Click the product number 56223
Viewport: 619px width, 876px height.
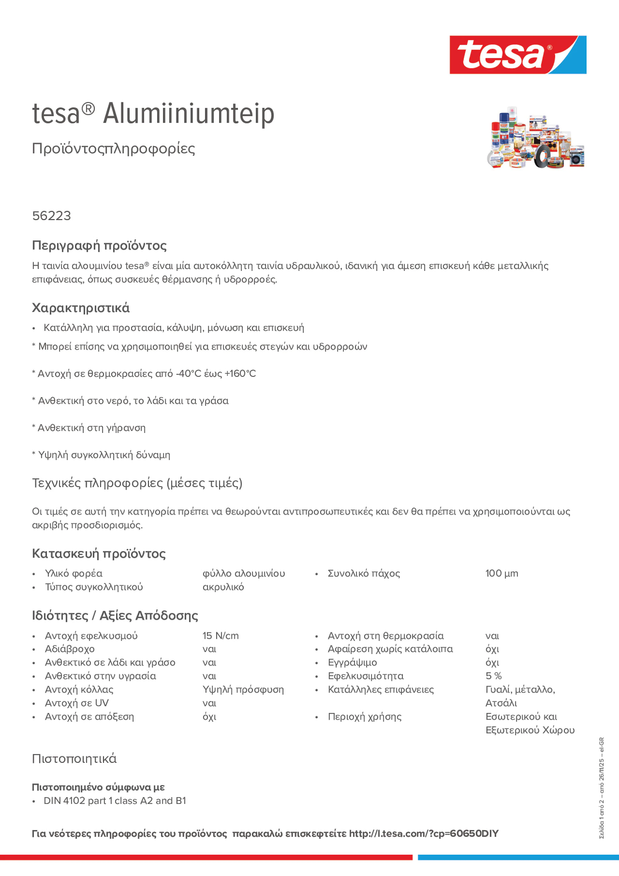coord(52,216)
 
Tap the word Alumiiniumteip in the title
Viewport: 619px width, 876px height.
coord(189,113)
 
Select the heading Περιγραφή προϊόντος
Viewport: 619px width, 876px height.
coord(99,245)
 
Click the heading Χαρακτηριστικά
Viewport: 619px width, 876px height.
coord(80,308)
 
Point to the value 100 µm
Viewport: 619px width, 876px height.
coord(502,573)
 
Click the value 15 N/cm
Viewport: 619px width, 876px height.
coord(220,636)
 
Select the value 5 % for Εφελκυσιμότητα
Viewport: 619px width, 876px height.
coord(493,676)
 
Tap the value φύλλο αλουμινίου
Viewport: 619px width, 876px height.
coord(243,573)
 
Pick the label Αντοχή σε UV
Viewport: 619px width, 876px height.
coord(77,703)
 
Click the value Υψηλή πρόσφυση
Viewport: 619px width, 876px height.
coord(243,689)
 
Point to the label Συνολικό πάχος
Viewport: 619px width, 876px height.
coord(364,573)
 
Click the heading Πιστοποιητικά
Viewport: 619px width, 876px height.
coord(74,759)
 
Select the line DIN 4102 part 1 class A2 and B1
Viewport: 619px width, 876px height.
coord(114,801)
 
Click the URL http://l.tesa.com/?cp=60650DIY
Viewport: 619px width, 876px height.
coord(423,833)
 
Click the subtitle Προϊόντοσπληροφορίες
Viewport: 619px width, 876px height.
coord(113,149)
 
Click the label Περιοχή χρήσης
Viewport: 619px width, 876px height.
coord(364,717)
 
